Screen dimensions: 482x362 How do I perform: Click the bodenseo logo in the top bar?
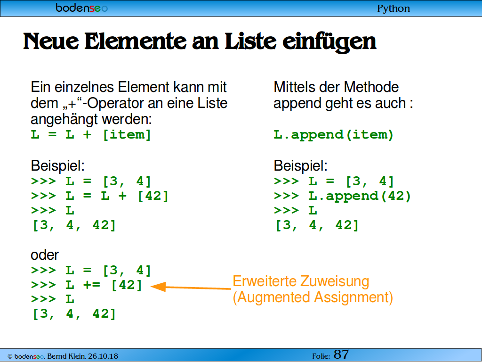(82, 8)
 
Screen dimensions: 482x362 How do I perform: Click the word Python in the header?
(394, 8)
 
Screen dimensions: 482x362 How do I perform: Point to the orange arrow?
(191, 287)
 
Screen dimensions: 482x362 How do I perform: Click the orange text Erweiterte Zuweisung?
(301, 281)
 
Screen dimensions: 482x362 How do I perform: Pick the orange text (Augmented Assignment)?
(313, 298)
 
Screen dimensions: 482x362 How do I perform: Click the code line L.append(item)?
(334, 135)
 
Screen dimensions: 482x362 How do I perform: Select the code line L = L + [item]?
(91, 135)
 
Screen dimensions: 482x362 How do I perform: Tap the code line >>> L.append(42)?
(342, 196)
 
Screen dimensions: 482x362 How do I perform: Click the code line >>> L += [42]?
(87, 285)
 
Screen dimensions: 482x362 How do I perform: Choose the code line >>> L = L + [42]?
(100, 196)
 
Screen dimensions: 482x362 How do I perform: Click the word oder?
(45, 255)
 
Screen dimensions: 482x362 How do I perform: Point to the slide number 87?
(341, 354)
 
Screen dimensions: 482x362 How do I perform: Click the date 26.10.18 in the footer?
(103, 356)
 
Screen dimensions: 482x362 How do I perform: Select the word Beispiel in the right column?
(300, 166)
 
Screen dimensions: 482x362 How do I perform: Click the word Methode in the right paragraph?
(371, 87)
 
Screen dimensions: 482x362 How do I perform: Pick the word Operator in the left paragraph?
(116, 103)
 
